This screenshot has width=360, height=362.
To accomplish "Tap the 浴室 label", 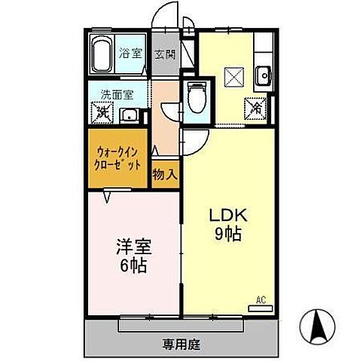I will tap(131, 54).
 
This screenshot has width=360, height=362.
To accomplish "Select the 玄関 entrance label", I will tap(165, 54).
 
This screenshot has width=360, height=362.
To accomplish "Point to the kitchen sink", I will tap(263, 75).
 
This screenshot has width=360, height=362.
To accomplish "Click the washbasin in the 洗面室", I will tap(130, 115).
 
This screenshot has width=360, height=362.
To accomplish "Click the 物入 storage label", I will tap(166, 174).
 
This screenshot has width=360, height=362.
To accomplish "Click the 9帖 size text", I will tap(225, 234).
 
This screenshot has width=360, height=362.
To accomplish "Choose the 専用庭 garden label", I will tap(182, 345).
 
